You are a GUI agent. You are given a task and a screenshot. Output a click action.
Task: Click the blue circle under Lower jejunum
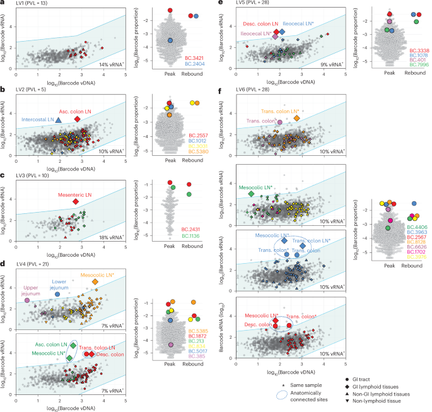click(57, 295)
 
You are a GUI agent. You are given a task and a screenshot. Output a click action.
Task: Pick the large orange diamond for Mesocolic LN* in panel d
click(95, 282)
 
